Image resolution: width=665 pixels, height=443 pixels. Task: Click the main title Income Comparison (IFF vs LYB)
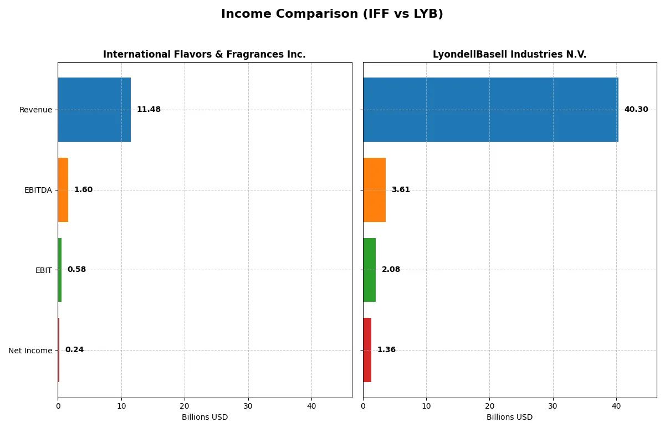pos(332,14)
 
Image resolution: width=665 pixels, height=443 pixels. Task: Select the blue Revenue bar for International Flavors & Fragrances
pos(94,110)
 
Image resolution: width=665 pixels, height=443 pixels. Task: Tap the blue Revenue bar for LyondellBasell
pos(490,110)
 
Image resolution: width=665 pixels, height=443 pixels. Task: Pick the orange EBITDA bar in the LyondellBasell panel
pos(374,190)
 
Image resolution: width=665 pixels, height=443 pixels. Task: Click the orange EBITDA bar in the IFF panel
pos(63,190)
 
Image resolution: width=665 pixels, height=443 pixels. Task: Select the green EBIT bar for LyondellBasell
pos(369,270)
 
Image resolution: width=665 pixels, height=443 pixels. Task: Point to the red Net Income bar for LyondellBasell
pos(367,350)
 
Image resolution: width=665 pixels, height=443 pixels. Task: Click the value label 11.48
pos(149,110)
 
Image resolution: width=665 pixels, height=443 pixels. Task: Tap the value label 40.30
pos(636,110)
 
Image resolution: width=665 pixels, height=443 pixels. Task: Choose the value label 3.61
pos(401,190)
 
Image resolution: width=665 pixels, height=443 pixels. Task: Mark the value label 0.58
pos(76,270)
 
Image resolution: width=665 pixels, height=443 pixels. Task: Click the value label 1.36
pos(386,350)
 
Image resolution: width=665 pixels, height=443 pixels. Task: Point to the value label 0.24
pos(74,350)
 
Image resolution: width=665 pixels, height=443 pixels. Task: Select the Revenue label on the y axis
pos(35,110)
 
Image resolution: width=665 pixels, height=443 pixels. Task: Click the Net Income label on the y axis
pos(30,351)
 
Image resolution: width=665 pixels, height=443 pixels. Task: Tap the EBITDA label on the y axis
pos(38,190)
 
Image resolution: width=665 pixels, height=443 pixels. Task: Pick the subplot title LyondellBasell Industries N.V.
pos(509,54)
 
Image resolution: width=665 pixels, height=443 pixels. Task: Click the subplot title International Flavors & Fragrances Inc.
pos(204,54)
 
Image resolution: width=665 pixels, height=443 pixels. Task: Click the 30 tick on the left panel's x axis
pos(248,406)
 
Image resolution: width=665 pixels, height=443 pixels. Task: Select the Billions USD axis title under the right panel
pos(509,418)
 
